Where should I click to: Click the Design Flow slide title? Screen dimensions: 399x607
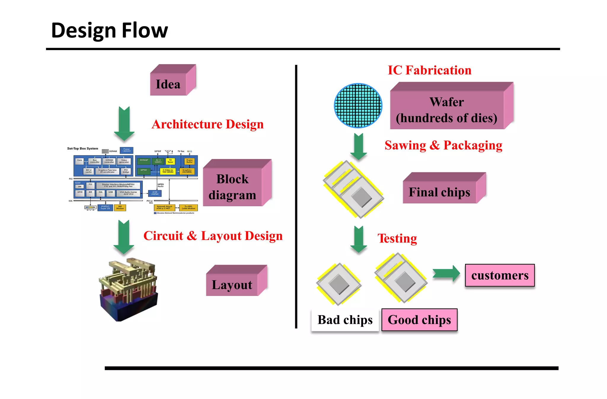coord(109,30)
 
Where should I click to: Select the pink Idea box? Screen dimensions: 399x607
coord(168,84)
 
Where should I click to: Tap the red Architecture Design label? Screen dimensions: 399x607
coord(207,124)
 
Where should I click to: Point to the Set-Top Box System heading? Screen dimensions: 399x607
coord(82,148)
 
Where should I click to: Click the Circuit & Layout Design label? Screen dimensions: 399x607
coord(213,236)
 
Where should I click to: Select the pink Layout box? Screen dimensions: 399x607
coord(232,285)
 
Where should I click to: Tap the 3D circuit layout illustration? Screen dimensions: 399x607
coord(128,289)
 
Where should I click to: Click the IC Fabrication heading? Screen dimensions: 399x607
coord(429,70)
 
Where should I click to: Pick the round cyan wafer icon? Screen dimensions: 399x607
coord(358,105)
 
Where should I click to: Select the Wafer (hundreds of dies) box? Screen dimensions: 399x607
coord(447,110)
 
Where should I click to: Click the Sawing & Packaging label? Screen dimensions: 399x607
coord(443,145)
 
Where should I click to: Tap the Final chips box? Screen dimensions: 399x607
coord(440,192)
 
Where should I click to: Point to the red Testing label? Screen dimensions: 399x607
coord(397,238)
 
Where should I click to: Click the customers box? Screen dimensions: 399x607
coord(500,275)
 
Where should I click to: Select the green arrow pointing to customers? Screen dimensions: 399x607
coord(446,273)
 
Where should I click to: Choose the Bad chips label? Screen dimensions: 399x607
coord(345,320)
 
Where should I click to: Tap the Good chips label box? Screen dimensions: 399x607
coord(419,320)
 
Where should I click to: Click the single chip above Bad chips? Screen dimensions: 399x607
coord(339,284)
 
